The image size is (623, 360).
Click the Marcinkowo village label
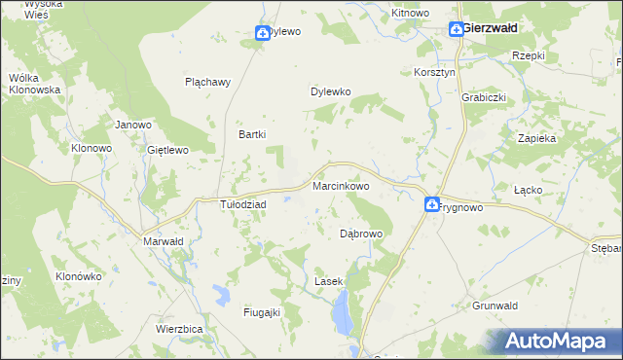click(x=340, y=185)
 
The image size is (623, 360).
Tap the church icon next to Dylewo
click(x=262, y=32)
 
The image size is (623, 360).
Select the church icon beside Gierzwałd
click(x=456, y=29)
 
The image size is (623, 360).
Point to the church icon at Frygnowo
click(x=432, y=204)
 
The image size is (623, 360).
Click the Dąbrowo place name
click(x=361, y=234)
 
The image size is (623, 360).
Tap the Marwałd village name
click(x=163, y=241)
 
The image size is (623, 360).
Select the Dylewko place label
click(x=330, y=92)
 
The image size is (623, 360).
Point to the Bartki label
click(x=253, y=134)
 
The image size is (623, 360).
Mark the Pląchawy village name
click(x=207, y=82)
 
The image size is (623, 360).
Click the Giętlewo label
click(x=166, y=150)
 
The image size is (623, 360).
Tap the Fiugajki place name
click(x=261, y=312)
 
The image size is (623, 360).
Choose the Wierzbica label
click(x=178, y=329)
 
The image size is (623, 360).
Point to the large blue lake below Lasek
click(x=342, y=313)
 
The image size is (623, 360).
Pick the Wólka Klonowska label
click(x=34, y=83)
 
